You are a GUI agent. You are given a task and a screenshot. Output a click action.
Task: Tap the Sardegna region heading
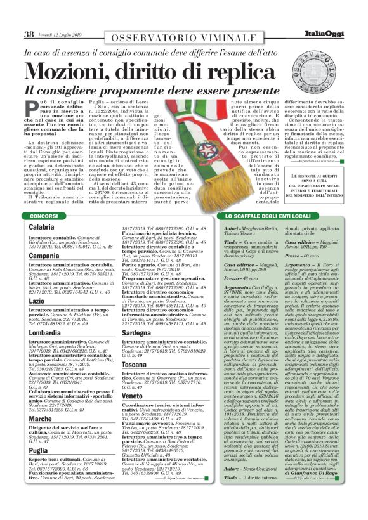136,332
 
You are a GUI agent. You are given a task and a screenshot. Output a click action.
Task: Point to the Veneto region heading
133,395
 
